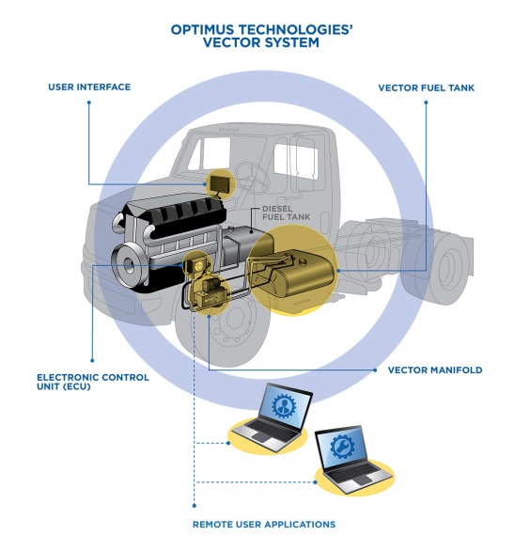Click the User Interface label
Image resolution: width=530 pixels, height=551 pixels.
89,87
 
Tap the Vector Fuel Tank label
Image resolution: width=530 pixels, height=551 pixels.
426,87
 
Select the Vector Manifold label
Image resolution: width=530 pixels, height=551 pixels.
435,370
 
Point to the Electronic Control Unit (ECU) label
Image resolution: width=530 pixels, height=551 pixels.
93,382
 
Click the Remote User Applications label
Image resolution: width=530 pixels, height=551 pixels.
264,525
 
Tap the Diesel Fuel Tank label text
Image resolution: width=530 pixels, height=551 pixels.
287,213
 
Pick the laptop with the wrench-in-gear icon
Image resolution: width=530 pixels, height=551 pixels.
353,459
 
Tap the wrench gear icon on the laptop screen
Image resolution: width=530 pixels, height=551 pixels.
342,447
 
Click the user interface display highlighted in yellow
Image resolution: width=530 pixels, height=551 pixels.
219,183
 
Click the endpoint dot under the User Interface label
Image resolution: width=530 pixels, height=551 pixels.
89,102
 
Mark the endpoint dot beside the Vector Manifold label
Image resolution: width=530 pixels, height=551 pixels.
375,370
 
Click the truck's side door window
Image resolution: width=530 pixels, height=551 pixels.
296,160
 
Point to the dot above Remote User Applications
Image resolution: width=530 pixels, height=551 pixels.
195,506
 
